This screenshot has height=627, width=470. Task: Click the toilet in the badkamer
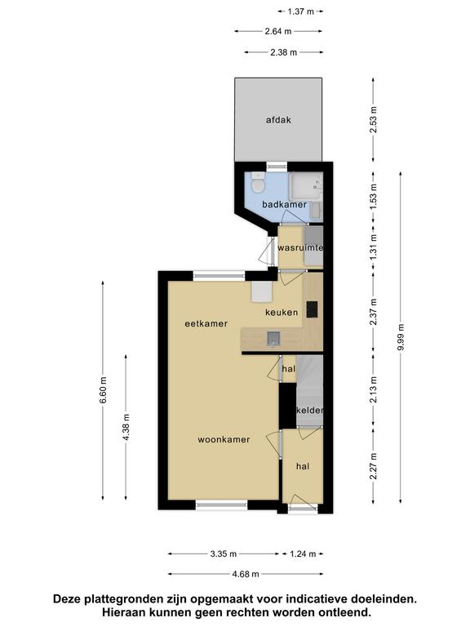[x=258, y=183]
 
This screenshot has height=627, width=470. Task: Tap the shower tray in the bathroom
[x=306, y=186]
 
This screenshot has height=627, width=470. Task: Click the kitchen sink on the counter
[x=274, y=339]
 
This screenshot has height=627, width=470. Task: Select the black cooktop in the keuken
[x=313, y=309]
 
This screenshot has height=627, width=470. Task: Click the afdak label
[x=278, y=119]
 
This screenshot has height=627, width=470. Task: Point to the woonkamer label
[x=224, y=439]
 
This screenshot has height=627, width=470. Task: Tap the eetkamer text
[x=206, y=323]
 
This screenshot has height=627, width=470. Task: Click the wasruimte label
[x=300, y=248]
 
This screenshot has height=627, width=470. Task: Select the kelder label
[x=310, y=411]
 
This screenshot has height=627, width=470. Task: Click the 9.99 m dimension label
[x=401, y=337]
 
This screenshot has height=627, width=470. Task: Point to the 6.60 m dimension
[x=103, y=391]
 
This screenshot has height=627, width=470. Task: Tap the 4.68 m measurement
[x=246, y=574]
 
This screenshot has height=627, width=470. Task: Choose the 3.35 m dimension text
[x=224, y=554]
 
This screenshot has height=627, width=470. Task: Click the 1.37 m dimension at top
[x=301, y=11]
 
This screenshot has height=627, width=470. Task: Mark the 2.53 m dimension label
[x=373, y=120]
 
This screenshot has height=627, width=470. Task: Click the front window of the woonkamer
[x=222, y=505]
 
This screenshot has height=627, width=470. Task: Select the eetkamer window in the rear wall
[x=219, y=275]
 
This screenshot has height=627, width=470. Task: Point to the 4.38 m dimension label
[x=126, y=428]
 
